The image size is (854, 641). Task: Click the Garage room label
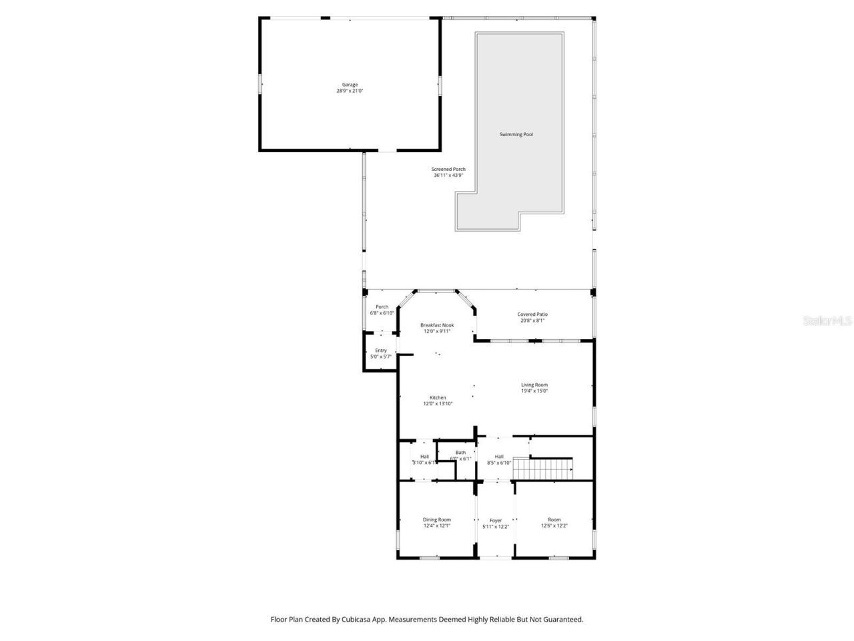point(350,85)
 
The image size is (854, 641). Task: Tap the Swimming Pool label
point(516,135)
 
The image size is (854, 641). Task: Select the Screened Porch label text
point(448,170)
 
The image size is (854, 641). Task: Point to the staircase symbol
point(543,468)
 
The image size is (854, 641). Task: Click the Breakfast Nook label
point(437,325)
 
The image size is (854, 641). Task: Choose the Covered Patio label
point(532,314)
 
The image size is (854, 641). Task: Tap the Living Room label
point(534,385)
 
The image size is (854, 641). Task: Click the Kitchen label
point(438,397)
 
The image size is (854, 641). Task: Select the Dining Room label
point(437,519)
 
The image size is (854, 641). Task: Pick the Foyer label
point(496,521)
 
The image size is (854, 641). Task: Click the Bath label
point(460,453)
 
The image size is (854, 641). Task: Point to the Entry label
point(381,351)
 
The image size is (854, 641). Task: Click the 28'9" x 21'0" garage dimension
point(350,91)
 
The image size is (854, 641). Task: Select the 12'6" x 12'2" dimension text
point(554,526)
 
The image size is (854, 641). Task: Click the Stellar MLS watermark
point(827,321)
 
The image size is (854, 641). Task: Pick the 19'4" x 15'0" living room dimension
point(534,391)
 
